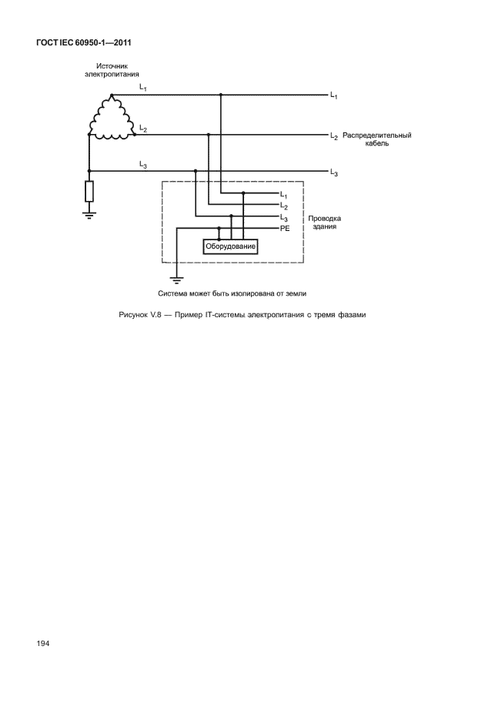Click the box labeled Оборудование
click(x=229, y=246)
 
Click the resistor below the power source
click(x=89, y=191)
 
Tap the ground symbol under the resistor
click(x=89, y=213)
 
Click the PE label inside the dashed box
click(x=284, y=229)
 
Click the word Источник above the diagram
click(x=112, y=66)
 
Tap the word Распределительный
click(x=377, y=135)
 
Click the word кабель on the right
click(x=377, y=144)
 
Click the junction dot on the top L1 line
click(x=221, y=95)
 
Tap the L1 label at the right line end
click(x=334, y=95)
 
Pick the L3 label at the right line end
click(x=334, y=172)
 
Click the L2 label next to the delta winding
click(x=143, y=128)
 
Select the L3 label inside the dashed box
click(x=284, y=218)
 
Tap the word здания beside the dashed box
click(x=325, y=227)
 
